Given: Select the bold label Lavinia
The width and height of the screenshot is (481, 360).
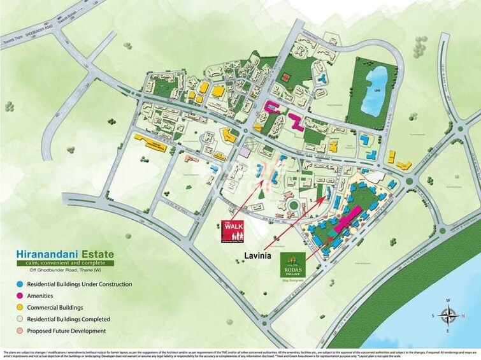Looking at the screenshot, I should (x=259, y=256).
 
